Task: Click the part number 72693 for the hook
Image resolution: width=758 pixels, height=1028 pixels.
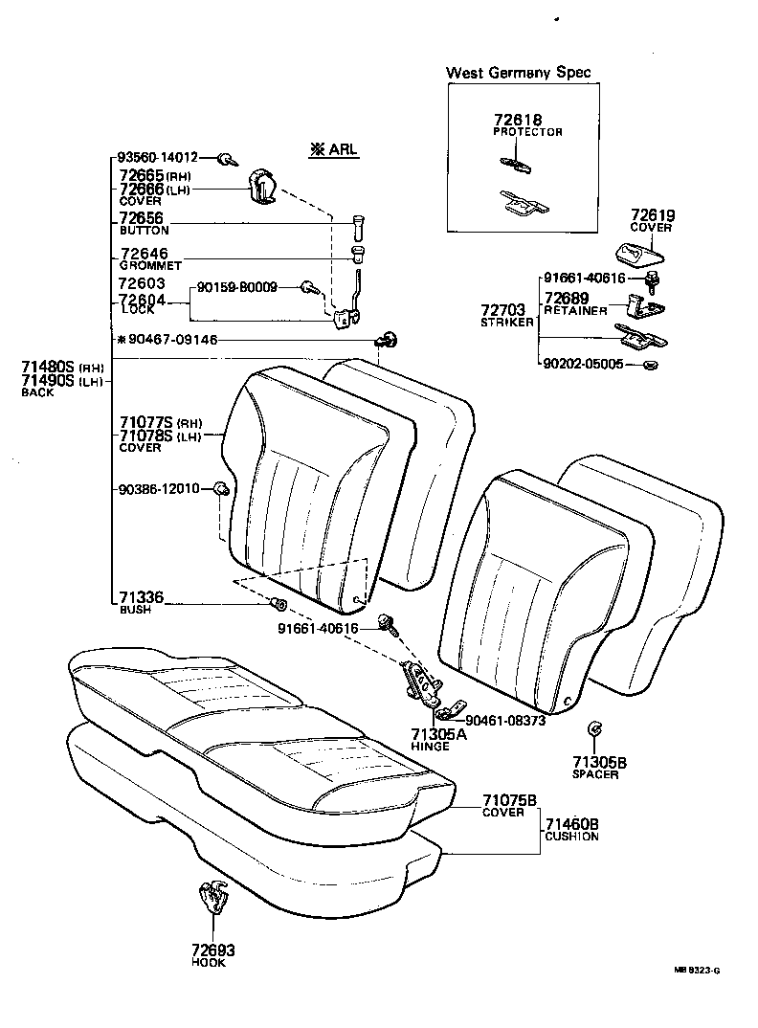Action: (211, 950)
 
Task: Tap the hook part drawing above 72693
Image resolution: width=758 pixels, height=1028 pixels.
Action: (212, 899)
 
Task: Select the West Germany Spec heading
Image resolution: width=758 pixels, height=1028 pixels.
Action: (519, 73)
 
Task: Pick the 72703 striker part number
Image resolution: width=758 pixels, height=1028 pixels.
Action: (502, 310)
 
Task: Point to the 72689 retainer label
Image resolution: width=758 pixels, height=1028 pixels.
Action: (574, 299)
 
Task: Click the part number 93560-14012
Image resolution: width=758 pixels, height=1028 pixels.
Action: (158, 157)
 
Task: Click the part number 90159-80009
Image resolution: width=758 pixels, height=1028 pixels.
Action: (237, 286)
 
